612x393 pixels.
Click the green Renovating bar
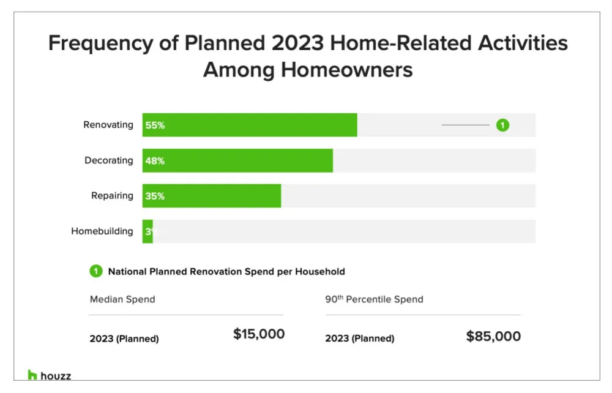click(x=250, y=125)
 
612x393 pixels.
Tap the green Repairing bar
click(x=212, y=196)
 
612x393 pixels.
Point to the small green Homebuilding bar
click(x=147, y=231)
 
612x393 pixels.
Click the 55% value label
click(x=155, y=125)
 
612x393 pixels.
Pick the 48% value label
click(x=155, y=161)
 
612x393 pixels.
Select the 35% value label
click(x=155, y=196)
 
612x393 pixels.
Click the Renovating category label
click(x=108, y=125)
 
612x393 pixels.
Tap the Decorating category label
click(x=108, y=160)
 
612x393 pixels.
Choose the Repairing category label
click(x=112, y=196)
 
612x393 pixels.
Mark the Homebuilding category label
click(x=102, y=231)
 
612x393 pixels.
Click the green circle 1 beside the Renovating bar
click(x=502, y=125)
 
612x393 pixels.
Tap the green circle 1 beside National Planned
click(x=96, y=271)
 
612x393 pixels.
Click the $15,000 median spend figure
click(x=259, y=334)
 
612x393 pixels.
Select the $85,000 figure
click(x=493, y=336)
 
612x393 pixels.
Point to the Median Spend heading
click(x=122, y=299)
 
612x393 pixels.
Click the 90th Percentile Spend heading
click(x=374, y=299)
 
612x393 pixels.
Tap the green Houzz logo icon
click(x=32, y=375)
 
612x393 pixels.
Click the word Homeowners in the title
click(x=347, y=69)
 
